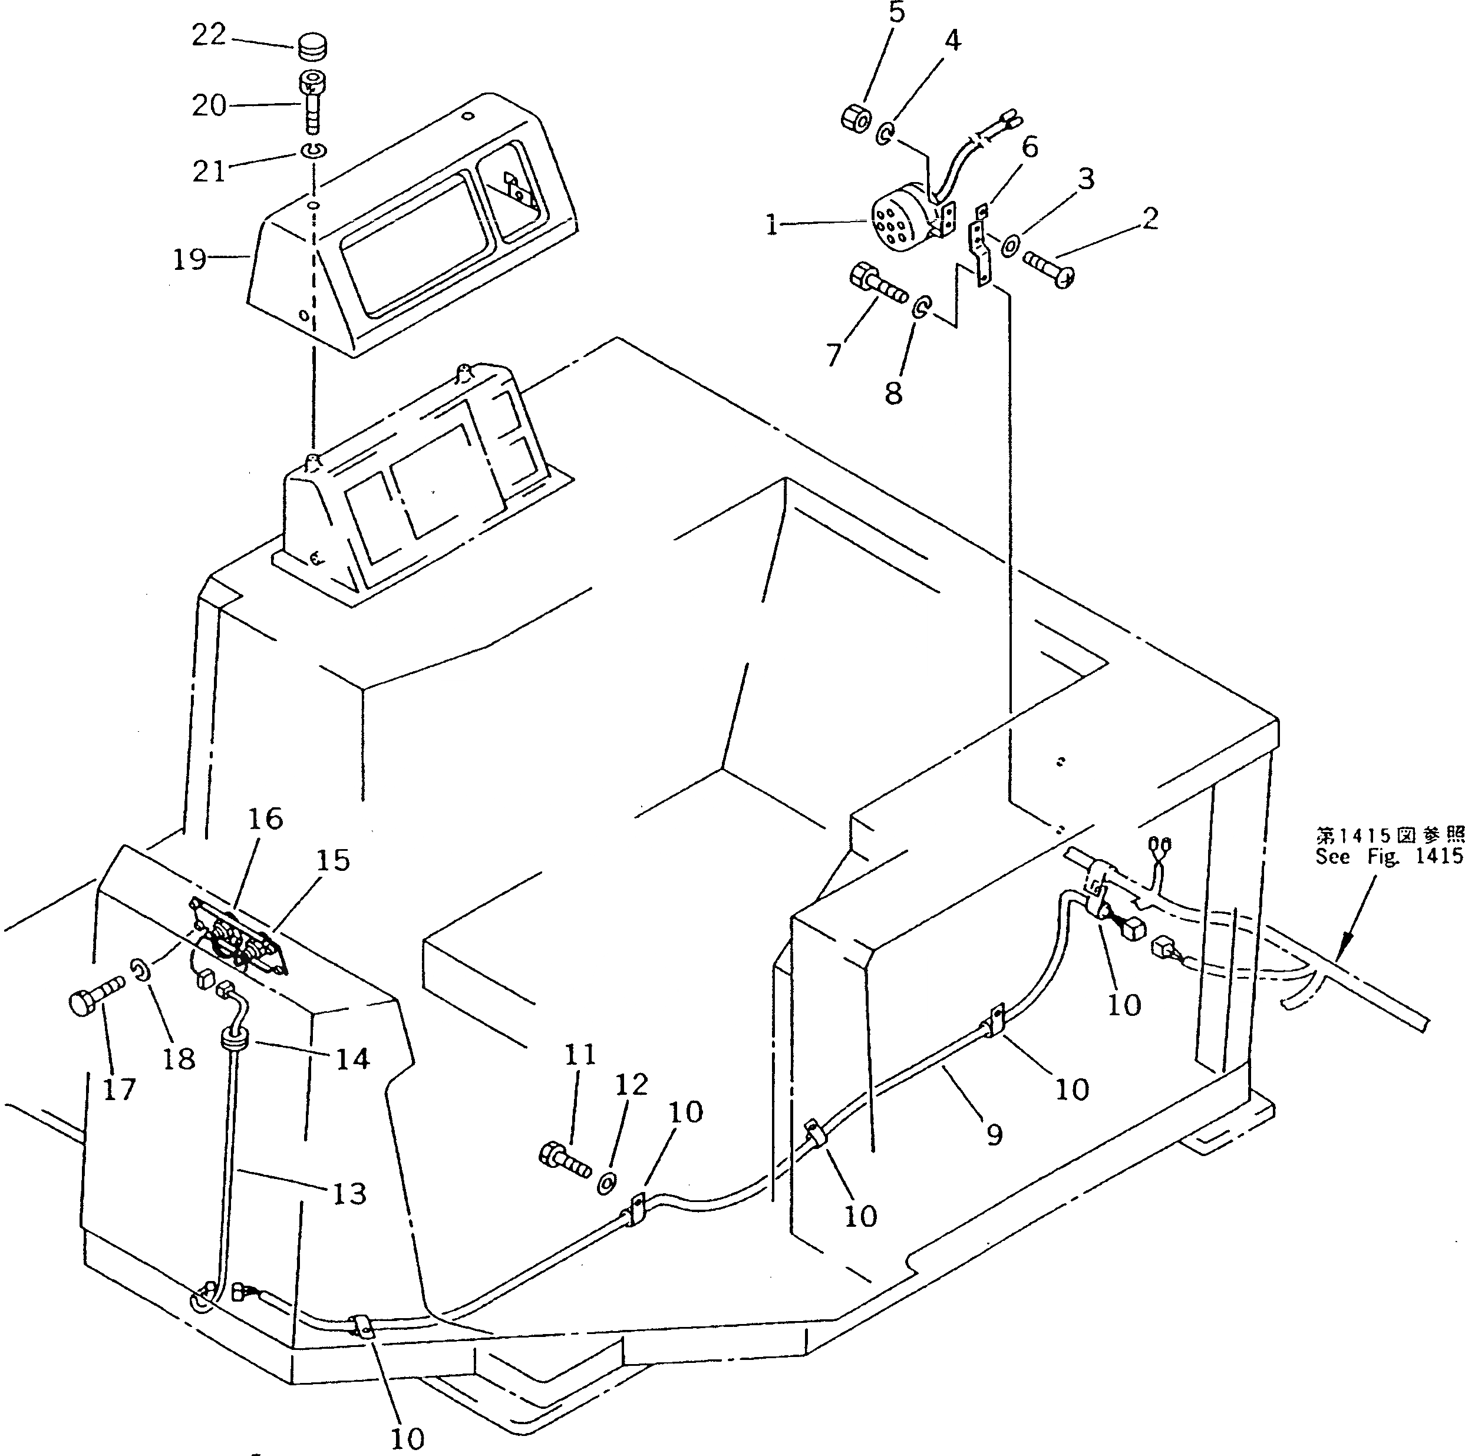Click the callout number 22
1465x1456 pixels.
208,35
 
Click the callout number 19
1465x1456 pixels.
189,259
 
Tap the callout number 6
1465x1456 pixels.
1029,147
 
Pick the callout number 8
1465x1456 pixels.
893,393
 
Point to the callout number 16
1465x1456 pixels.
265,818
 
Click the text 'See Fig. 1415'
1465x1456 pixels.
1388,856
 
